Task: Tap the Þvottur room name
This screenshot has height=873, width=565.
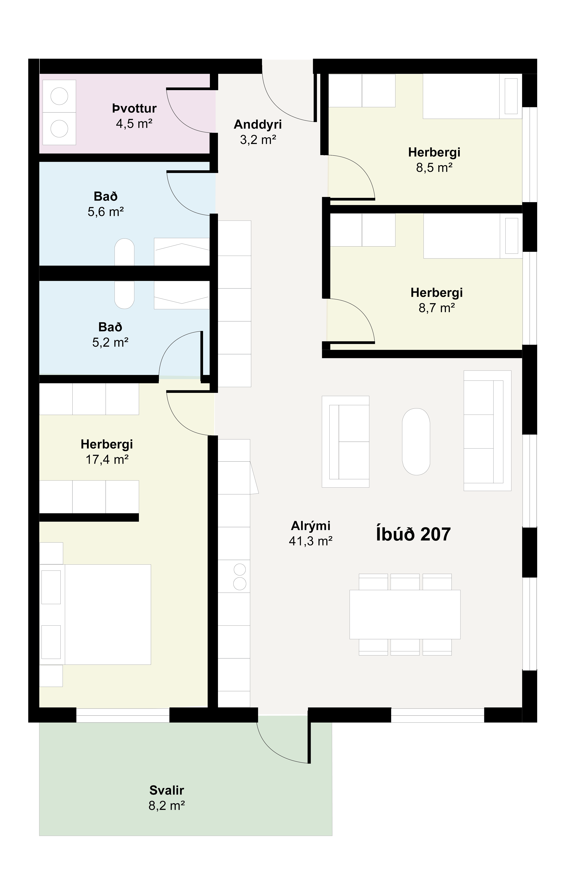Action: [x=134, y=109]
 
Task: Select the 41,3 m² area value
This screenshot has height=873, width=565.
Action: [x=311, y=541]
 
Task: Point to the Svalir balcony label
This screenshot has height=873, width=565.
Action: [x=167, y=790]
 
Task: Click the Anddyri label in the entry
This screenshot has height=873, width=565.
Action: [x=258, y=125]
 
